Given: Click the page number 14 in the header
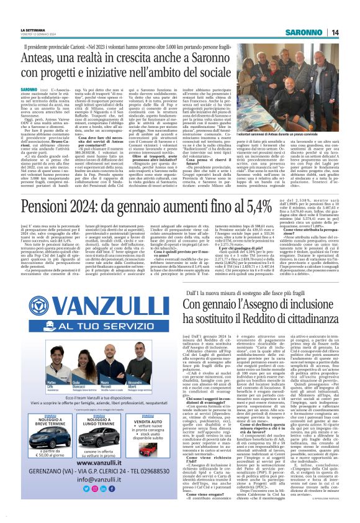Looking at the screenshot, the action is (351, 32).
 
